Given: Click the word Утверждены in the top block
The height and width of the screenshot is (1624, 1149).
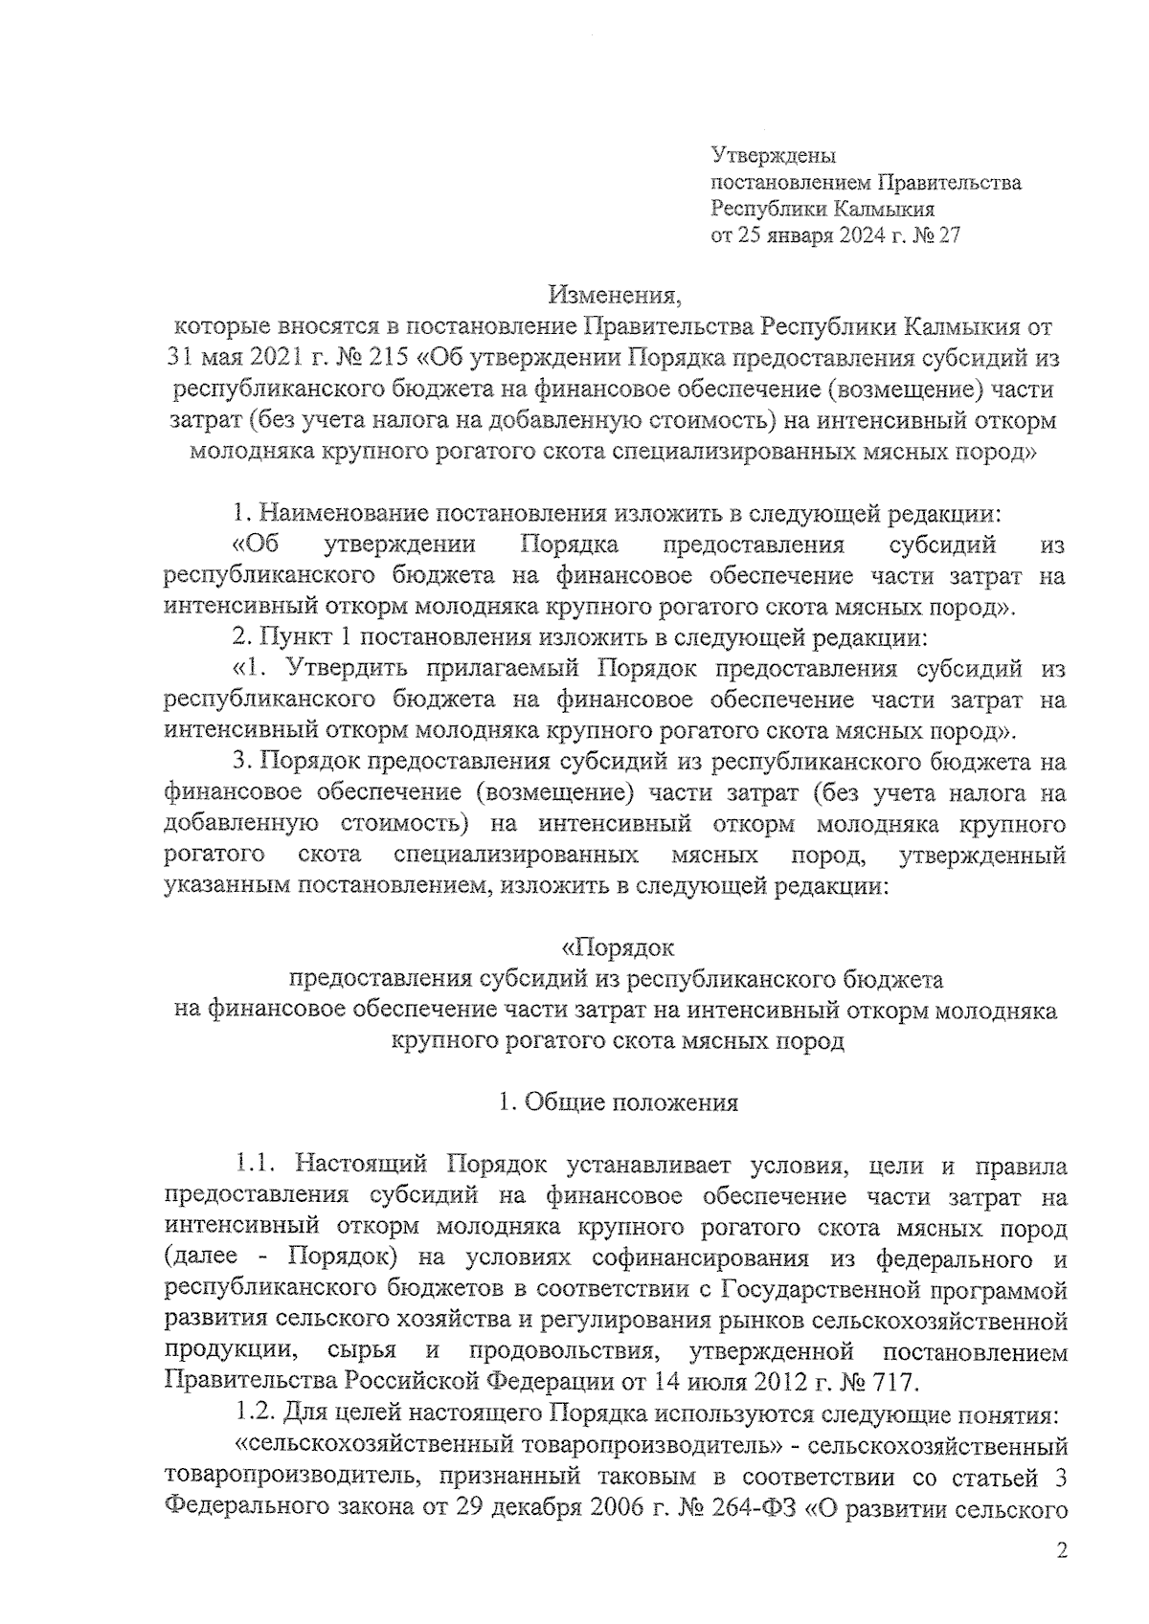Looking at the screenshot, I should [773, 155].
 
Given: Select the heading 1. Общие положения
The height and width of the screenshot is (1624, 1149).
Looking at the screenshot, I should [619, 1102].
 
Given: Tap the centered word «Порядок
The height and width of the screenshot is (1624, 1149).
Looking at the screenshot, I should [618, 948].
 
